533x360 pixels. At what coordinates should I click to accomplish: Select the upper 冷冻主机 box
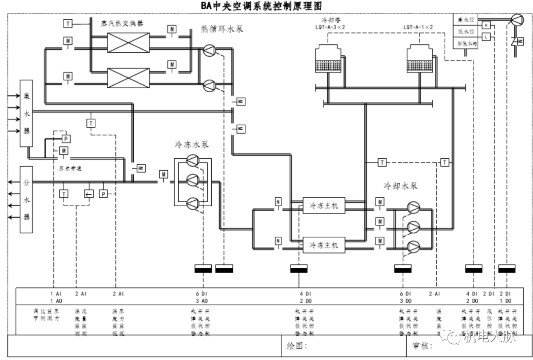point(324,205)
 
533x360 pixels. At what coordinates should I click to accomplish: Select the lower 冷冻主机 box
point(324,244)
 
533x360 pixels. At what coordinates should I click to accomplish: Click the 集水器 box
point(26,113)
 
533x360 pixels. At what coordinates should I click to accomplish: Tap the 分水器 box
point(26,200)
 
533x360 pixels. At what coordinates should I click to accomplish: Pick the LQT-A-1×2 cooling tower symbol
point(422,59)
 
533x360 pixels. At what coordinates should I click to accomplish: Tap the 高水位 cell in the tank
point(466,20)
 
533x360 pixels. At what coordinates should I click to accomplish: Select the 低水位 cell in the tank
point(466,32)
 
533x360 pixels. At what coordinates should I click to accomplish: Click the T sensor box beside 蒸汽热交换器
point(68,23)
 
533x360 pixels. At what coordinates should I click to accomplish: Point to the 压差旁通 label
point(69,168)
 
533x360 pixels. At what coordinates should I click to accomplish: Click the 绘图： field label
point(297,345)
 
